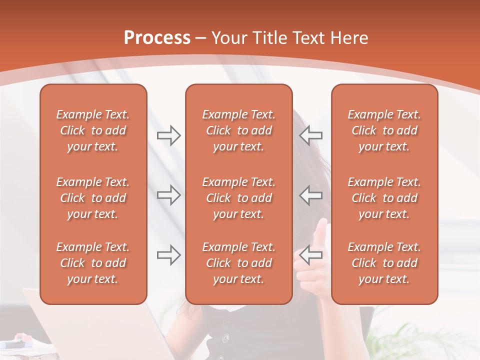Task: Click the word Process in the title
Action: coord(157,38)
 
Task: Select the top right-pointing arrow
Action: coord(168,135)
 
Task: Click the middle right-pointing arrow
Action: coord(168,195)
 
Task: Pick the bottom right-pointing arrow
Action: coord(168,255)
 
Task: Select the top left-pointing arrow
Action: coord(311,135)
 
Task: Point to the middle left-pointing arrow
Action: coord(311,195)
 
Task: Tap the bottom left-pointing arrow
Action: coord(311,255)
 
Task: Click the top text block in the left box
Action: coord(93,130)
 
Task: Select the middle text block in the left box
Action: coord(93,198)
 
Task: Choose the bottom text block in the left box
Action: coord(93,263)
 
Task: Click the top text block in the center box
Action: coord(238,130)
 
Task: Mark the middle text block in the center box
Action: coord(238,198)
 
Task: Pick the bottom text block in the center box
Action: coord(238,263)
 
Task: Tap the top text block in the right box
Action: coord(384,130)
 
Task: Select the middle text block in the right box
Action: coord(384,198)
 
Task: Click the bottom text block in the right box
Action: coord(384,263)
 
